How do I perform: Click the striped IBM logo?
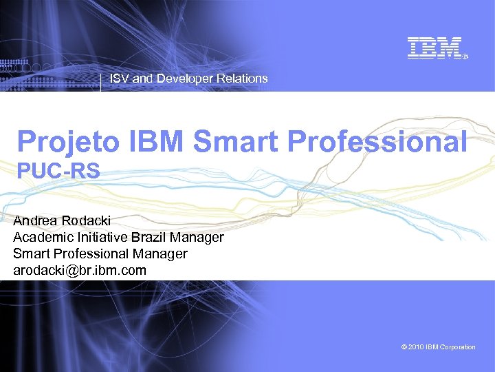click(434, 48)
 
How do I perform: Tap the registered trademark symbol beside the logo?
click(465, 56)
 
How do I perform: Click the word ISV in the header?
click(120, 79)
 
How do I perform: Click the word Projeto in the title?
click(69, 142)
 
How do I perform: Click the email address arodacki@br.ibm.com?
click(80, 270)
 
